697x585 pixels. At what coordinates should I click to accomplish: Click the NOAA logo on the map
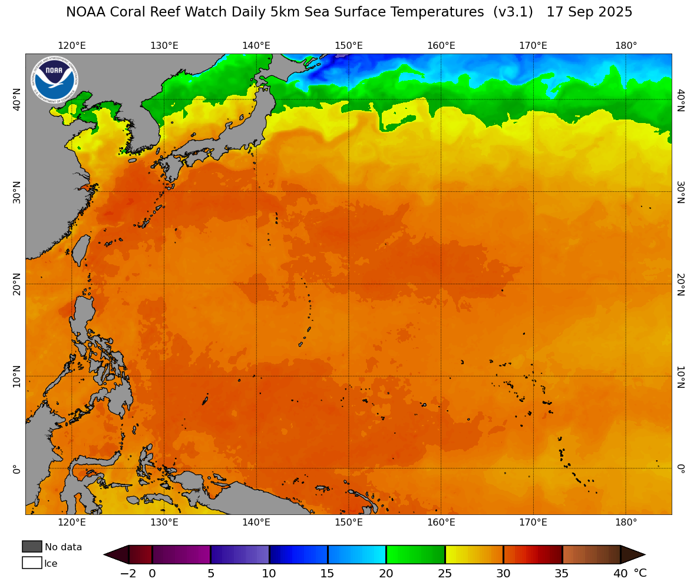pyautogui.click(x=54, y=79)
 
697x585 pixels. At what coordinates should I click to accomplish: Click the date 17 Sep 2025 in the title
pyautogui.click(x=589, y=12)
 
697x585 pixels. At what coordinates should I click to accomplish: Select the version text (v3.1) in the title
pyautogui.click(x=513, y=12)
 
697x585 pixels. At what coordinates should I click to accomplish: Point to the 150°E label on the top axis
pyautogui.click(x=349, y=46)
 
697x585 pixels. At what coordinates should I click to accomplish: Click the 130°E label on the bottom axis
pyautogui.click(x=164, y=522)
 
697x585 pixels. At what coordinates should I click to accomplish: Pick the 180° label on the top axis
pyautogui.click(x=626, y=46)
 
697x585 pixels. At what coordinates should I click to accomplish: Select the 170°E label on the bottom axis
pyautogui.click(x=533, y=522)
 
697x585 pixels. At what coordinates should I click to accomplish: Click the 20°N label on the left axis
pyautogui.click(x=16, y=284)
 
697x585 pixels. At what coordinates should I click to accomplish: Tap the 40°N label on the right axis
pyautogui.click(x=680, y=99)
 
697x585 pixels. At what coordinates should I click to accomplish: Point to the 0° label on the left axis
pyautogui.click(x=16, y=468)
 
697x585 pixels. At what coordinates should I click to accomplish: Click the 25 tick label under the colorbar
pyautogui.click(x=445, y=573)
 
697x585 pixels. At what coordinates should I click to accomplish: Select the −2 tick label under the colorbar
pyautogui.click(x=128, y=573)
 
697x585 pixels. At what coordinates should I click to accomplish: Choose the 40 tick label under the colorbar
pyautogui.click(x=620, y=573)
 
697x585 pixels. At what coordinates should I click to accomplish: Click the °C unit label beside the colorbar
pyautogui.click(x=640, y=573)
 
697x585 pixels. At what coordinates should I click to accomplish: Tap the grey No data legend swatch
pyautogui.click(x=32, y=547)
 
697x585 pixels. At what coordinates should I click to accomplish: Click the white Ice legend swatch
pyautogui.click(x=32, y=563)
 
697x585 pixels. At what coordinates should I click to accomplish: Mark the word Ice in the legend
pyautogui.click(x=51, y=564)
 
